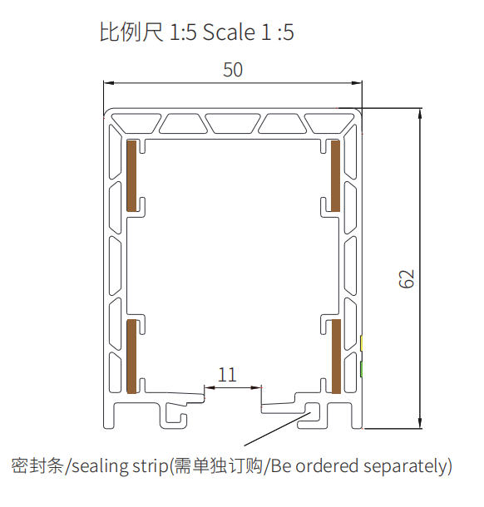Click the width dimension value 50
(x=233, y=70)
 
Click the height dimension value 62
(x=407, y=278)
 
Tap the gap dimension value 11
(x=227, y=375)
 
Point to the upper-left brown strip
(x=131, y=175)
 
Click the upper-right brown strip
(x=334, y=175)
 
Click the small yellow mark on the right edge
(x=363, y=342)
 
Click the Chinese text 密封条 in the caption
(x=37, y=466)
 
